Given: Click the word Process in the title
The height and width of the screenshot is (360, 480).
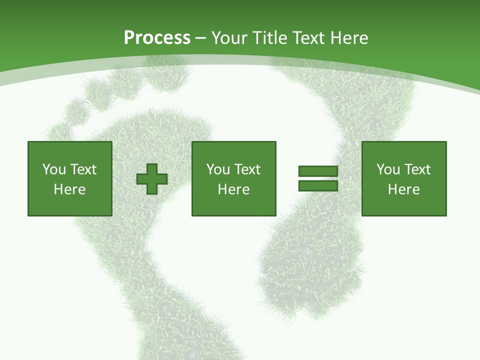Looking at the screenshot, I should (x=157, y=38).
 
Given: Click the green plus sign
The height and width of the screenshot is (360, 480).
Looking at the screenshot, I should (x=152, y=179).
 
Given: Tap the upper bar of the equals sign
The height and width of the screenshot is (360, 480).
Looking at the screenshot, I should (x=318, y=171).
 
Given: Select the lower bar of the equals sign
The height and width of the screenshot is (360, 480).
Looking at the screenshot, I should (x=318, y=186).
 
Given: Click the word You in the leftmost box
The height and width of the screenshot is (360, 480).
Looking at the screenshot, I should (x=54, y=169).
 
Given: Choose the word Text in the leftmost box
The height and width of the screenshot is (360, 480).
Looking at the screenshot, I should (x=82, y=169).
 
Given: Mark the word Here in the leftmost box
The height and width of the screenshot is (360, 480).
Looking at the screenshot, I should (x=69, y=189).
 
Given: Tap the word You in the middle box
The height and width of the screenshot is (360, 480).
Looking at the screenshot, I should (x=218, y=169).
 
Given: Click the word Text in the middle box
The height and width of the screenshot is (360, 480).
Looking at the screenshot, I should (x=246, y=169).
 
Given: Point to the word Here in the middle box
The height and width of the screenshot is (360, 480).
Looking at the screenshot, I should (x=233, y=189).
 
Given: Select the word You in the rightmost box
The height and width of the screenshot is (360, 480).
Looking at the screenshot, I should (x=388, y=169).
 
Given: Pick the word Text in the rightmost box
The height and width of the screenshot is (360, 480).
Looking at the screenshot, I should (x=416, y=169).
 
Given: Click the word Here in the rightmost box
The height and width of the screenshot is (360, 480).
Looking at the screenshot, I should (x=403, y=189).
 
